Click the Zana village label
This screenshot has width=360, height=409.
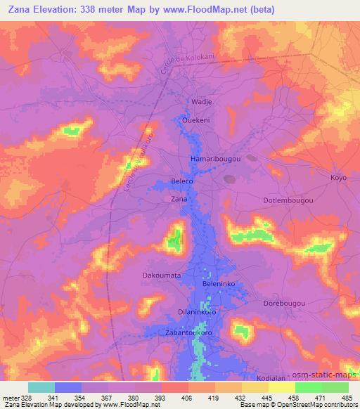(x=179, y=200)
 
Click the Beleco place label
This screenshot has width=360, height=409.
(x=182, y=181)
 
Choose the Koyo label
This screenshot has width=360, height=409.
(x=338, y=178)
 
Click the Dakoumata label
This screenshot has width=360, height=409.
(x=162, y=276)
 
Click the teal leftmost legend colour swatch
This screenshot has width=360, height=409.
(x=41, y=387)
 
